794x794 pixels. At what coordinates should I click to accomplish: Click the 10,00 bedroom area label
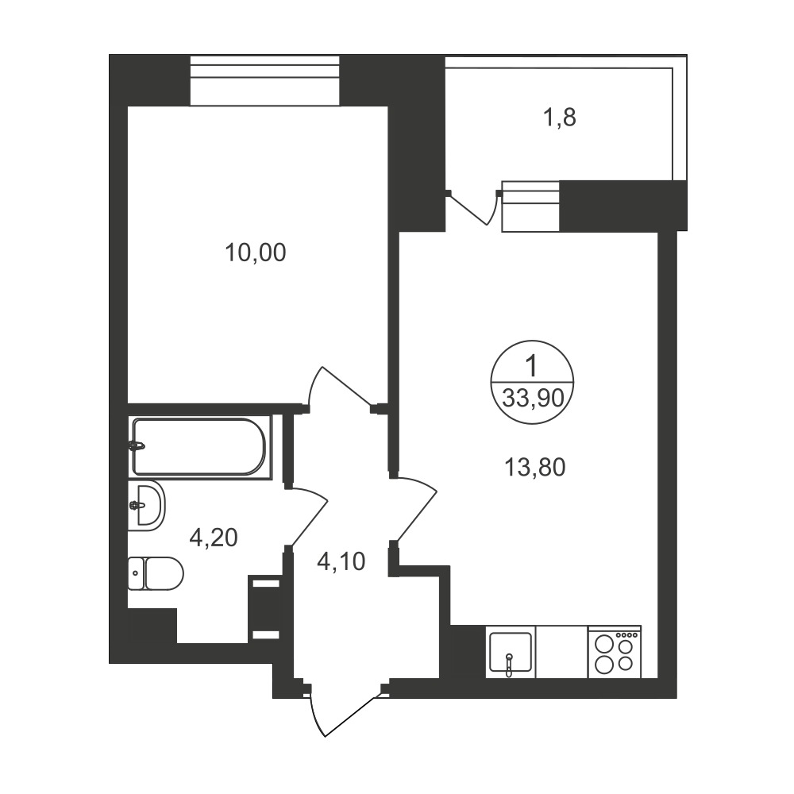pyautogui.click(x=255, y=252)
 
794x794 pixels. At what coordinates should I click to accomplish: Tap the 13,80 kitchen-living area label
pyautogui.click(x=534, y=467)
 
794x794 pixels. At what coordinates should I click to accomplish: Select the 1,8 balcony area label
pyautogui.click(x=559, y=118)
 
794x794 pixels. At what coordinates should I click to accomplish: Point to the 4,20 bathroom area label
pyautogui.click(x=213, y=538)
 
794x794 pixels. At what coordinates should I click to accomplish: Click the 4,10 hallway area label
pyautogui.click(x=341, y=561)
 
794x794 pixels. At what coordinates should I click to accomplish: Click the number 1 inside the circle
pyautogui.click(x=531, y=366)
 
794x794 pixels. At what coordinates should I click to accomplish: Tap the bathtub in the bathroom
pyautogui.click(x=199, y=446)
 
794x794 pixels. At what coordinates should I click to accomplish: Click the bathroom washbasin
pyautogui.click(x=146, y=505)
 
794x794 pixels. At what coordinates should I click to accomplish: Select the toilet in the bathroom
pyautogui.click(x=156, y=573)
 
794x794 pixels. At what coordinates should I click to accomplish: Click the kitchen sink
pyautogui.click(x=511, y=652)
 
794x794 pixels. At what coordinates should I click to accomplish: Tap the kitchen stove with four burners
pyautogui.click(x=615, y=652)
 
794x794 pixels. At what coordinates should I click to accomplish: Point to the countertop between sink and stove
pyautogui.click(x=561, y=652)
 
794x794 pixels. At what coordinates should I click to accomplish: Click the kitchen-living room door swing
pyautogui.click(x=416, y=508)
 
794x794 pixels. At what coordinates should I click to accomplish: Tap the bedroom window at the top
pyautogui.click(x=264, y=81)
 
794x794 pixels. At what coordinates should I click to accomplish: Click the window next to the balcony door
pyautogui.click(x=530, y=206)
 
